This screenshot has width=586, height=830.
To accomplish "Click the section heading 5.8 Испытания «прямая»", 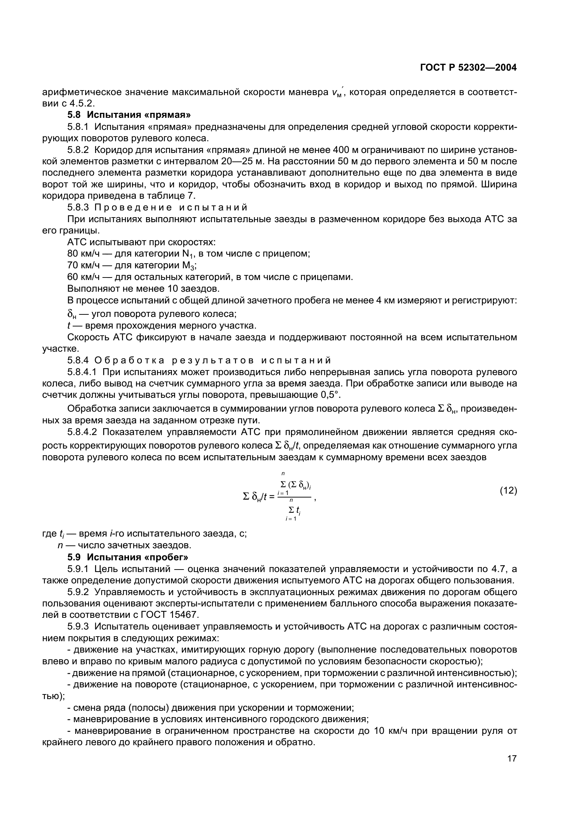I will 129,115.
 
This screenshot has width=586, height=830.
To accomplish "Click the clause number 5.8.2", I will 78,150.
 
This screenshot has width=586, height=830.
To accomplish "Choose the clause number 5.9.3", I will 78,626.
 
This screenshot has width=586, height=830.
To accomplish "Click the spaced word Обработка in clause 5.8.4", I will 130,361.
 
